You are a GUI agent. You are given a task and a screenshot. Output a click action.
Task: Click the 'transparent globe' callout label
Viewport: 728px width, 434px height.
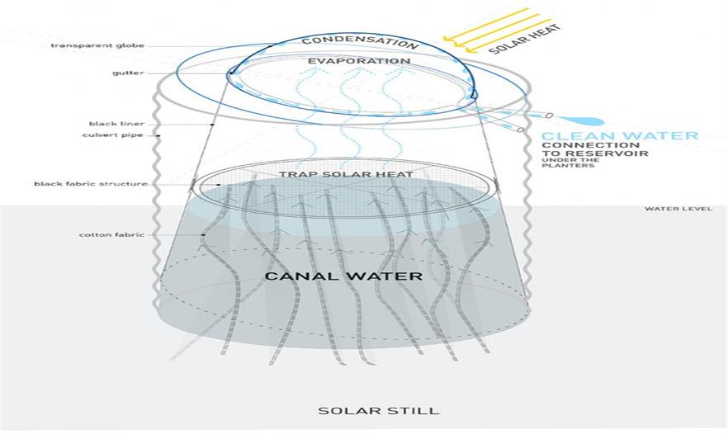click(x=97, y=45)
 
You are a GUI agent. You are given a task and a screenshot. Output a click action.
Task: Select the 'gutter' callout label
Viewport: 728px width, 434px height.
click(x=128, y=73)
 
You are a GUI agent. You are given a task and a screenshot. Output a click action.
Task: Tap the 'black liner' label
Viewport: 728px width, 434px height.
click(x=116, y=124)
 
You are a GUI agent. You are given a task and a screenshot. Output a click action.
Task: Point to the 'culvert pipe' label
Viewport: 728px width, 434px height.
click(x=113, y=135)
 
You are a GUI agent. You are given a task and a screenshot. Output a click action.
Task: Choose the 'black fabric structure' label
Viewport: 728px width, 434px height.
click(x=91, y=184)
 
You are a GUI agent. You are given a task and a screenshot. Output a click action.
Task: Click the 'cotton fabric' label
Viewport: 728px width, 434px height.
click(x=111, y=235)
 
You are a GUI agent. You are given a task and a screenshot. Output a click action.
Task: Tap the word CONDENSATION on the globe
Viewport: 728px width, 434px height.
click(x=360, y=41)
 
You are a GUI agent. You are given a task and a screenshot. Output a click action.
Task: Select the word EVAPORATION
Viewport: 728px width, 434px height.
click(x=359, y=61)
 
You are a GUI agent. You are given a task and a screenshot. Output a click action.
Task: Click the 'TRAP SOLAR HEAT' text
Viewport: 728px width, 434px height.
click(x=346, y=175)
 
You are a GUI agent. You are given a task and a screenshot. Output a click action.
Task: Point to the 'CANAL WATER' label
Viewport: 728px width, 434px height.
click(x=343, y=276)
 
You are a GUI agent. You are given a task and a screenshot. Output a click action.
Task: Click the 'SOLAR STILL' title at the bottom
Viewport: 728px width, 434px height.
click(x=378, y=411)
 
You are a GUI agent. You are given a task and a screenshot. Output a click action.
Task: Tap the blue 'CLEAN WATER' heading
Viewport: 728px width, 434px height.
click(x=620, y=136)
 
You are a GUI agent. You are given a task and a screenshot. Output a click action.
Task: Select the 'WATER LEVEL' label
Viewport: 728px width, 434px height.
click(x=678, y=209)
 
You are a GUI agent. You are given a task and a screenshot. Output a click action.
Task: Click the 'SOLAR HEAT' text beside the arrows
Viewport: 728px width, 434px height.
click(x=525, y=39)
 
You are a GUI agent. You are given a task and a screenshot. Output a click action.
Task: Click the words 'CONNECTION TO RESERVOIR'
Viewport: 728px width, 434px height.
click(x=595, y=149)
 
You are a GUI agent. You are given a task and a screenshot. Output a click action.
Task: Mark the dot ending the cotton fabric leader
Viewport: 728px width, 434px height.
click(x=203, y=235)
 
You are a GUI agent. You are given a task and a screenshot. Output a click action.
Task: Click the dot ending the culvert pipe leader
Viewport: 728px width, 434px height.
click(x=158, y=136)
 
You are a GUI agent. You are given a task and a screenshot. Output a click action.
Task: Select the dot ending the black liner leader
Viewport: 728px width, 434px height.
click(x=212, y=125)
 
